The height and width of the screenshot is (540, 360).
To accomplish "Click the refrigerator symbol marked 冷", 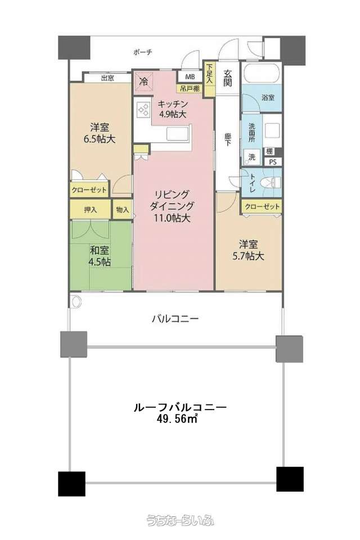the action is (145, 82).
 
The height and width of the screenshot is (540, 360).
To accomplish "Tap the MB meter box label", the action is (190, 76).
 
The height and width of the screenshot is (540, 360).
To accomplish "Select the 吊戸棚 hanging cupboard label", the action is (190, 88).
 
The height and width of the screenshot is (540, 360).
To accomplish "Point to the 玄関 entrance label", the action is (227, 78).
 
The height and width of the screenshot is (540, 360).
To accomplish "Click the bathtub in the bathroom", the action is (261, 74).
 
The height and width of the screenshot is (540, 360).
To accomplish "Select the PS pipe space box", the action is (273, 162).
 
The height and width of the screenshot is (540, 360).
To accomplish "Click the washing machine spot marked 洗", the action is (252, 157).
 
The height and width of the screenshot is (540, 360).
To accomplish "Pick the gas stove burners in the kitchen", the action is (143, 110).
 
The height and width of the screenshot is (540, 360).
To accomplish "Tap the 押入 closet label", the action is (90, 209).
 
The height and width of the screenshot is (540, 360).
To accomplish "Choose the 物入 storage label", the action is (122, 209).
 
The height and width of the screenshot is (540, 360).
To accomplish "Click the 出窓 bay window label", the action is (107, 78).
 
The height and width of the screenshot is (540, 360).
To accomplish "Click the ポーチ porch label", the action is (142, 53).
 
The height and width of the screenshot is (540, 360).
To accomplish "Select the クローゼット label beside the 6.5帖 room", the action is (89, 190).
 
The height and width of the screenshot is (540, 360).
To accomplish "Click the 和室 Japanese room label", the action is (99, 250).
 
